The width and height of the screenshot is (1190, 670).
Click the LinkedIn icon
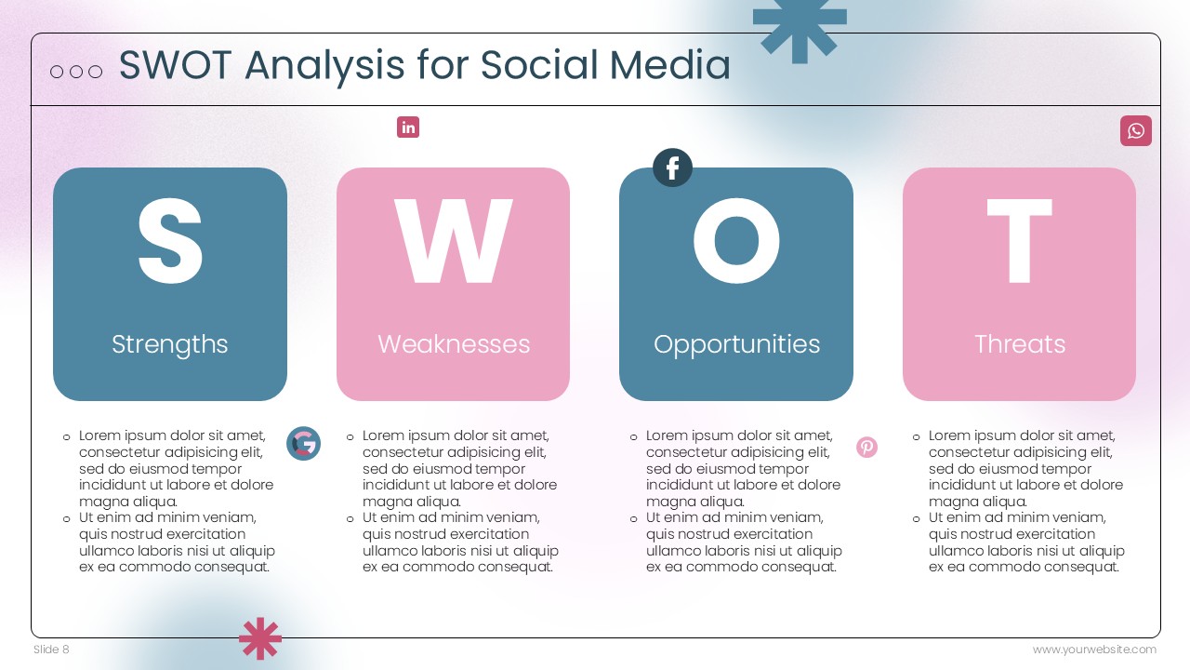[x=408, y=127]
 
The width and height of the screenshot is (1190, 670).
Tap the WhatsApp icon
[x=1136, y=131]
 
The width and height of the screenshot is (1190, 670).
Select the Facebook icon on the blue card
[x=672, y=167]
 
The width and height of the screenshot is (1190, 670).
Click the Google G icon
[x=303, y=444]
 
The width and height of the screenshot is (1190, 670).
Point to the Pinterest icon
[x=867, y=448]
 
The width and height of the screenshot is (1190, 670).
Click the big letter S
[x=170, y=241]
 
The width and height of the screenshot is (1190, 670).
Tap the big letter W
[x=453, y=241]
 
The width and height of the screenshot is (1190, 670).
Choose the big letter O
[x=736, y=241]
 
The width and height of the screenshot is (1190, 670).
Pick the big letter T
[x=1020, y=241]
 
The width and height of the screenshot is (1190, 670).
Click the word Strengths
[x=170, y=344]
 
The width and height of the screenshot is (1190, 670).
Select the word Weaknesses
[x=454, y=344]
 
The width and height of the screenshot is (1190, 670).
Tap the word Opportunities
[x=737, y=344]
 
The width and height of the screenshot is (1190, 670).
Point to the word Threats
[x=1020, y=344]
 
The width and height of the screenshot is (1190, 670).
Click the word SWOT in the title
[x=176, y=65]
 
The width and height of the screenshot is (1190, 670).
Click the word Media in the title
[x=670, y=65]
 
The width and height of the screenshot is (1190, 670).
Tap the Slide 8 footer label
[x=51, y=650]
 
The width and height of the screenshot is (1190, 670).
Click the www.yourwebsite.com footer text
[x=1094, y=650]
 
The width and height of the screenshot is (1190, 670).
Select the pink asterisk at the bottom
[x=260, y=638]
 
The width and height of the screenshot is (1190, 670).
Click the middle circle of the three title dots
[x=76, y=72]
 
